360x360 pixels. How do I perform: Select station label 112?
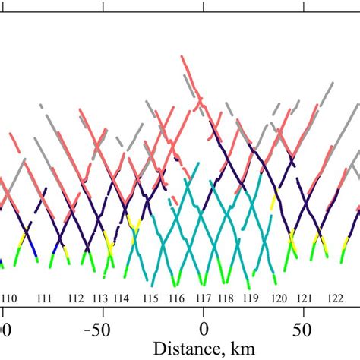tap(76, 300)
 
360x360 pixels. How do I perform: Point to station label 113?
tap(100, 300)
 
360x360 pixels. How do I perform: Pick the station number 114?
tap(123, 300)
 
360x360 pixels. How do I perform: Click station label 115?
tap(151, 300)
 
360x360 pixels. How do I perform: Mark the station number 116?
tap(176, 300)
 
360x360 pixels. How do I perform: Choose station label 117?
tap(203, 300)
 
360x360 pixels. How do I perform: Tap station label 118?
tap(226, 300)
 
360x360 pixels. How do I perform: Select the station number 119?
tap(249, 300)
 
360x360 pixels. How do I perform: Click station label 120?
tap(279, 300)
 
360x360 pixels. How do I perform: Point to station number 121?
tap(305, 300)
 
